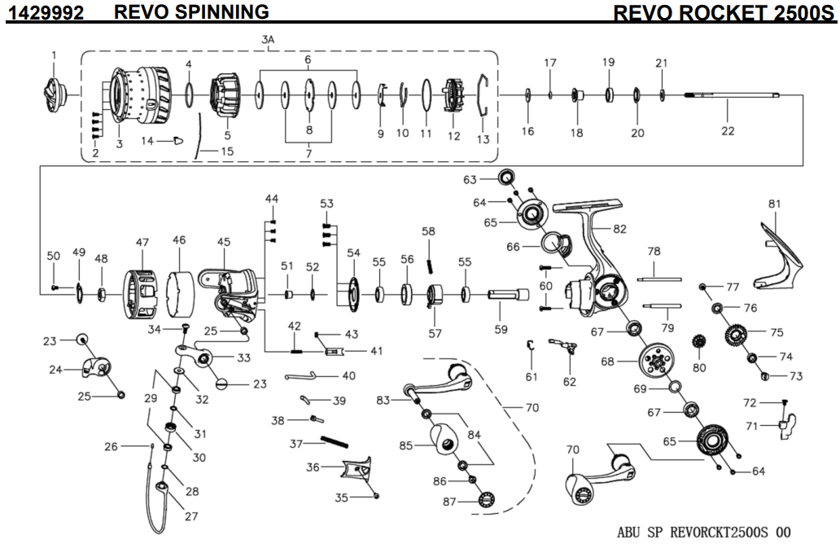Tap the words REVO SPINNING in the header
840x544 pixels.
[x=192, y=11]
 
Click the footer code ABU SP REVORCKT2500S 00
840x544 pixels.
[x=703, y=532]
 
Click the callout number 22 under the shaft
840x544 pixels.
[x=727, y=130]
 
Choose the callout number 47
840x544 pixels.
[x=142, y=241]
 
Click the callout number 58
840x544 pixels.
[x=429, y=231]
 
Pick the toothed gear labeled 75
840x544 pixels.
[x=734, y=334]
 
